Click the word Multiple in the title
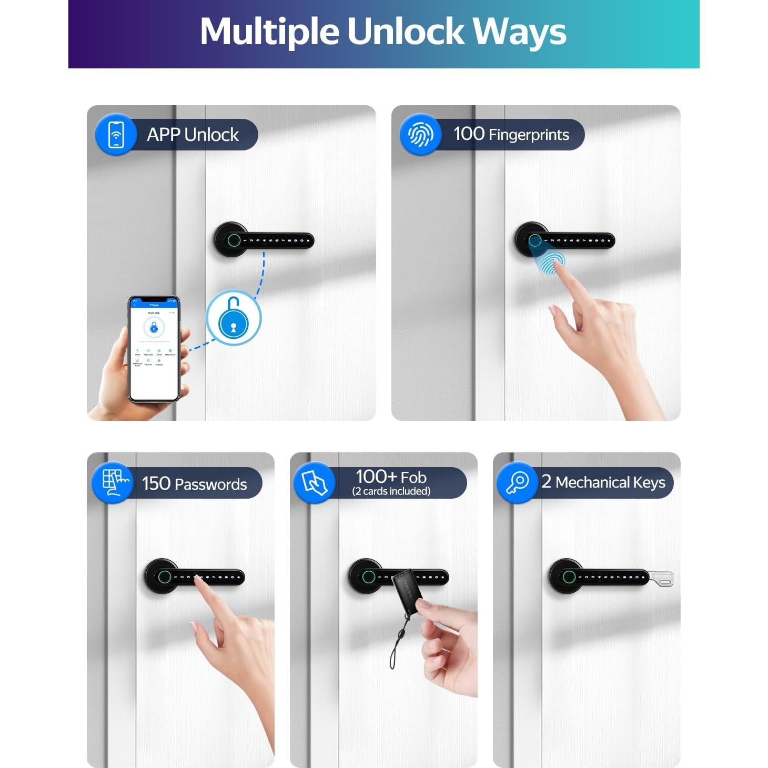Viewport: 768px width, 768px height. (269, 32)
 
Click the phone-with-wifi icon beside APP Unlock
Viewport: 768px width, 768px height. (116, 135)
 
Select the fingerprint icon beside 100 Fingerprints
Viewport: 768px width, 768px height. (420, 135)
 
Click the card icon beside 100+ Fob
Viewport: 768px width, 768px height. (315, 482)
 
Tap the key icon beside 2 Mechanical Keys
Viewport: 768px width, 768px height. (517, 482)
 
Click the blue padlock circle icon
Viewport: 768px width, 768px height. (233, 318)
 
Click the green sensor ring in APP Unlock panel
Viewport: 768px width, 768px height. (234, 240)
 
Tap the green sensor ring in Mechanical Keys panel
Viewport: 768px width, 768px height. (568, 577)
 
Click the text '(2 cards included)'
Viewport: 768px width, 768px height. (391, 491)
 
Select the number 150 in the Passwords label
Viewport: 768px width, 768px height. (156, 483)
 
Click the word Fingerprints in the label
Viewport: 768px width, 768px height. (529, 135)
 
